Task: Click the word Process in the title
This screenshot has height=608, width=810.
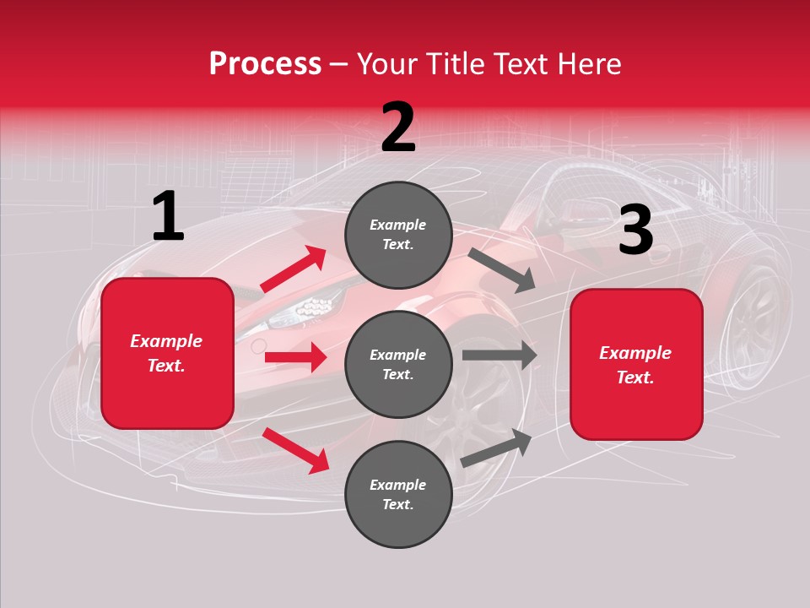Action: click(265, 63)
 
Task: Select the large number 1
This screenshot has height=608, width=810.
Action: click(168, 217)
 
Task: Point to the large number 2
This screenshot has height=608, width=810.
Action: click(398, 128)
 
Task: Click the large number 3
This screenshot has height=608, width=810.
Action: click(635, 231)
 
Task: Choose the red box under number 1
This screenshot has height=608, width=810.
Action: click(167, 353)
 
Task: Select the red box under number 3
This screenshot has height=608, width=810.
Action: click(636, 364)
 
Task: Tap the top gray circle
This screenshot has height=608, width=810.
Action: click(398, 235)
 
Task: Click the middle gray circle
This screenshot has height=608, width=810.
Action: click(398, 364)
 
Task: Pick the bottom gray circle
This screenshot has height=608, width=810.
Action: click(398, 494)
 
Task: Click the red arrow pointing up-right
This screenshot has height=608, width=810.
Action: click(294, 269)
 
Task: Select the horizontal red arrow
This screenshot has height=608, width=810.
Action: click(295, 357)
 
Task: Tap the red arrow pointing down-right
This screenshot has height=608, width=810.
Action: click(295, 450)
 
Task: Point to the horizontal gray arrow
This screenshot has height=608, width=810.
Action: click(499, 355)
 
